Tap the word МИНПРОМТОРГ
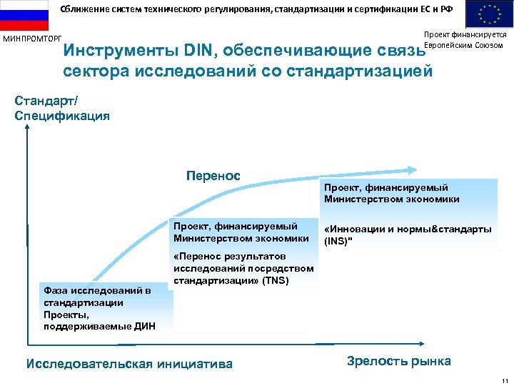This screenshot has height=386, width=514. click(x=33, y=38)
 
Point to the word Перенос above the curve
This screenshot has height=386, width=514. click(x=213, y=176)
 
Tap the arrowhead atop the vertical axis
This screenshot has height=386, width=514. click(x=27, y=129)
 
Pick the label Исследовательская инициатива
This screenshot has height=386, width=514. click(x=128, y=364)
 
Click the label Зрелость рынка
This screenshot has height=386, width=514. click(x=398, y=361)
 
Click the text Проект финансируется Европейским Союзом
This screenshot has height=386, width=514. click(x=464, y=40)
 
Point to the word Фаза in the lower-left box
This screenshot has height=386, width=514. click(x=56, y=290)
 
